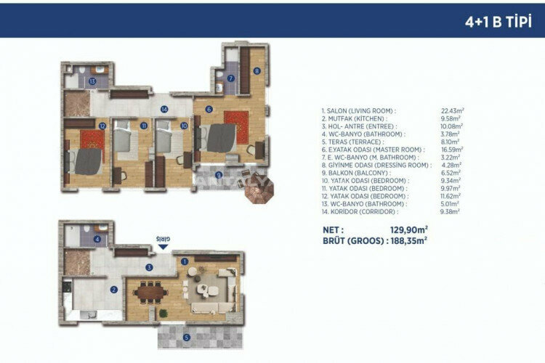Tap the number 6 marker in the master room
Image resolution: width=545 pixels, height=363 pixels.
[x=209, y=110]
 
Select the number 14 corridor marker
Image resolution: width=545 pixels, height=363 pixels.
[x=164, y=110]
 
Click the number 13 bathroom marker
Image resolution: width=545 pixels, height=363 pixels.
[x=93, y=81]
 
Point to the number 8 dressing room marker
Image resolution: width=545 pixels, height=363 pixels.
[x=257, y=71]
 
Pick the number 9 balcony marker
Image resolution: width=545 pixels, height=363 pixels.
[x=219, y=175]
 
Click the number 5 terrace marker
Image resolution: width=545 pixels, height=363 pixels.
[x=186, y=337]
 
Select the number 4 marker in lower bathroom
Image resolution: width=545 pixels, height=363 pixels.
[x=97, y=239]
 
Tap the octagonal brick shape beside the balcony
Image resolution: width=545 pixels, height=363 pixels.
[x=257, y=193]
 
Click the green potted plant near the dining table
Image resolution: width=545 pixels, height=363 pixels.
[x=164, y=313]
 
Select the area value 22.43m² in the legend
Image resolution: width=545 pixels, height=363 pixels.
[x=452, y=110]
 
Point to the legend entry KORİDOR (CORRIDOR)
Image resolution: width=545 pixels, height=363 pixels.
[x=359, y=213]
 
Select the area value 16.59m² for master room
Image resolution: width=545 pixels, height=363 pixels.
[x=452, y=150]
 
